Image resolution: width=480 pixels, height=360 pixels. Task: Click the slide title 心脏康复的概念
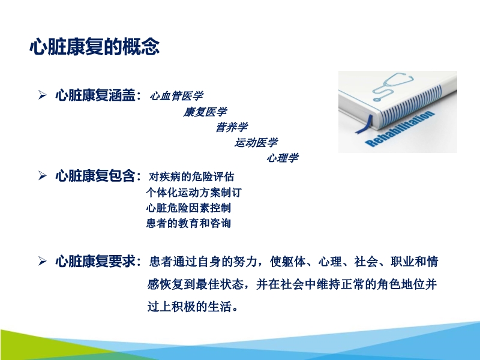point(94,47)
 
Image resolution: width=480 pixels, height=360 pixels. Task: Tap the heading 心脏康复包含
point(96,176)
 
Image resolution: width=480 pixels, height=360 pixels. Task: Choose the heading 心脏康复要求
point(96,262)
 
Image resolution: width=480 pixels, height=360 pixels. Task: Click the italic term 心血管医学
point(176,95)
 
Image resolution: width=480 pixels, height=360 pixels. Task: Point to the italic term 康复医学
point(205,112)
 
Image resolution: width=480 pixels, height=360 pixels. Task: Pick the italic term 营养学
point(231,127)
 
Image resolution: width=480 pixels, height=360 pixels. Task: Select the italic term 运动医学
point(256,143)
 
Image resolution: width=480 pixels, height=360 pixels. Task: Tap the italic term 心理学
point(282,158)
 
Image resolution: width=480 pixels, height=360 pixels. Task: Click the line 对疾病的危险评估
point(191,177)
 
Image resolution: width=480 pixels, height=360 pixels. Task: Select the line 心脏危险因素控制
point(188,208)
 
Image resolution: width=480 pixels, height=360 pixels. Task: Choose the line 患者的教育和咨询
point(188,223)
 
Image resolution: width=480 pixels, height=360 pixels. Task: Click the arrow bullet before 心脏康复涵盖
point(43,95)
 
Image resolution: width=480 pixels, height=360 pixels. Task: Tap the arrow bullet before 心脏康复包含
point(43,176)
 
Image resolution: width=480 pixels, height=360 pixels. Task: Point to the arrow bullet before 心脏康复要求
point(43,262)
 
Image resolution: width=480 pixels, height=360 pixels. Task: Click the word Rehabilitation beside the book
point(399,128)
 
